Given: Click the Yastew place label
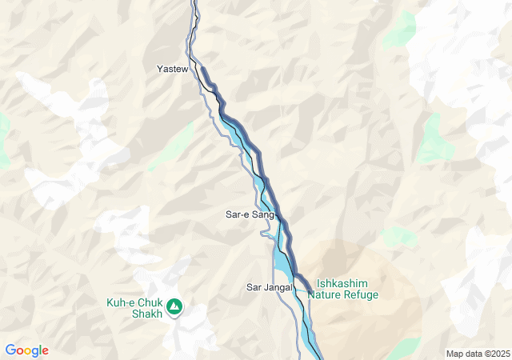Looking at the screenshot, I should point(172,69).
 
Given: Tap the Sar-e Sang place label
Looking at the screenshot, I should point(250,214).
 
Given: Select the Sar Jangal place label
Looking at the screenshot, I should point(266,286).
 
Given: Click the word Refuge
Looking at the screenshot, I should point(361,294).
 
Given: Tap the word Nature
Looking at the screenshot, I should point(325,294).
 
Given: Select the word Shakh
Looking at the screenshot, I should point(147,314).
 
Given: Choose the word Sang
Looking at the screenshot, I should point(264,214).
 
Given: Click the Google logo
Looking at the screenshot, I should point(26,350).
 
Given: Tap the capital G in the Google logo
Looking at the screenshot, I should point(10,350).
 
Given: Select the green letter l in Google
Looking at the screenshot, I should point(40,350).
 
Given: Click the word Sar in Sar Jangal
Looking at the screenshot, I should point(254,286).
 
